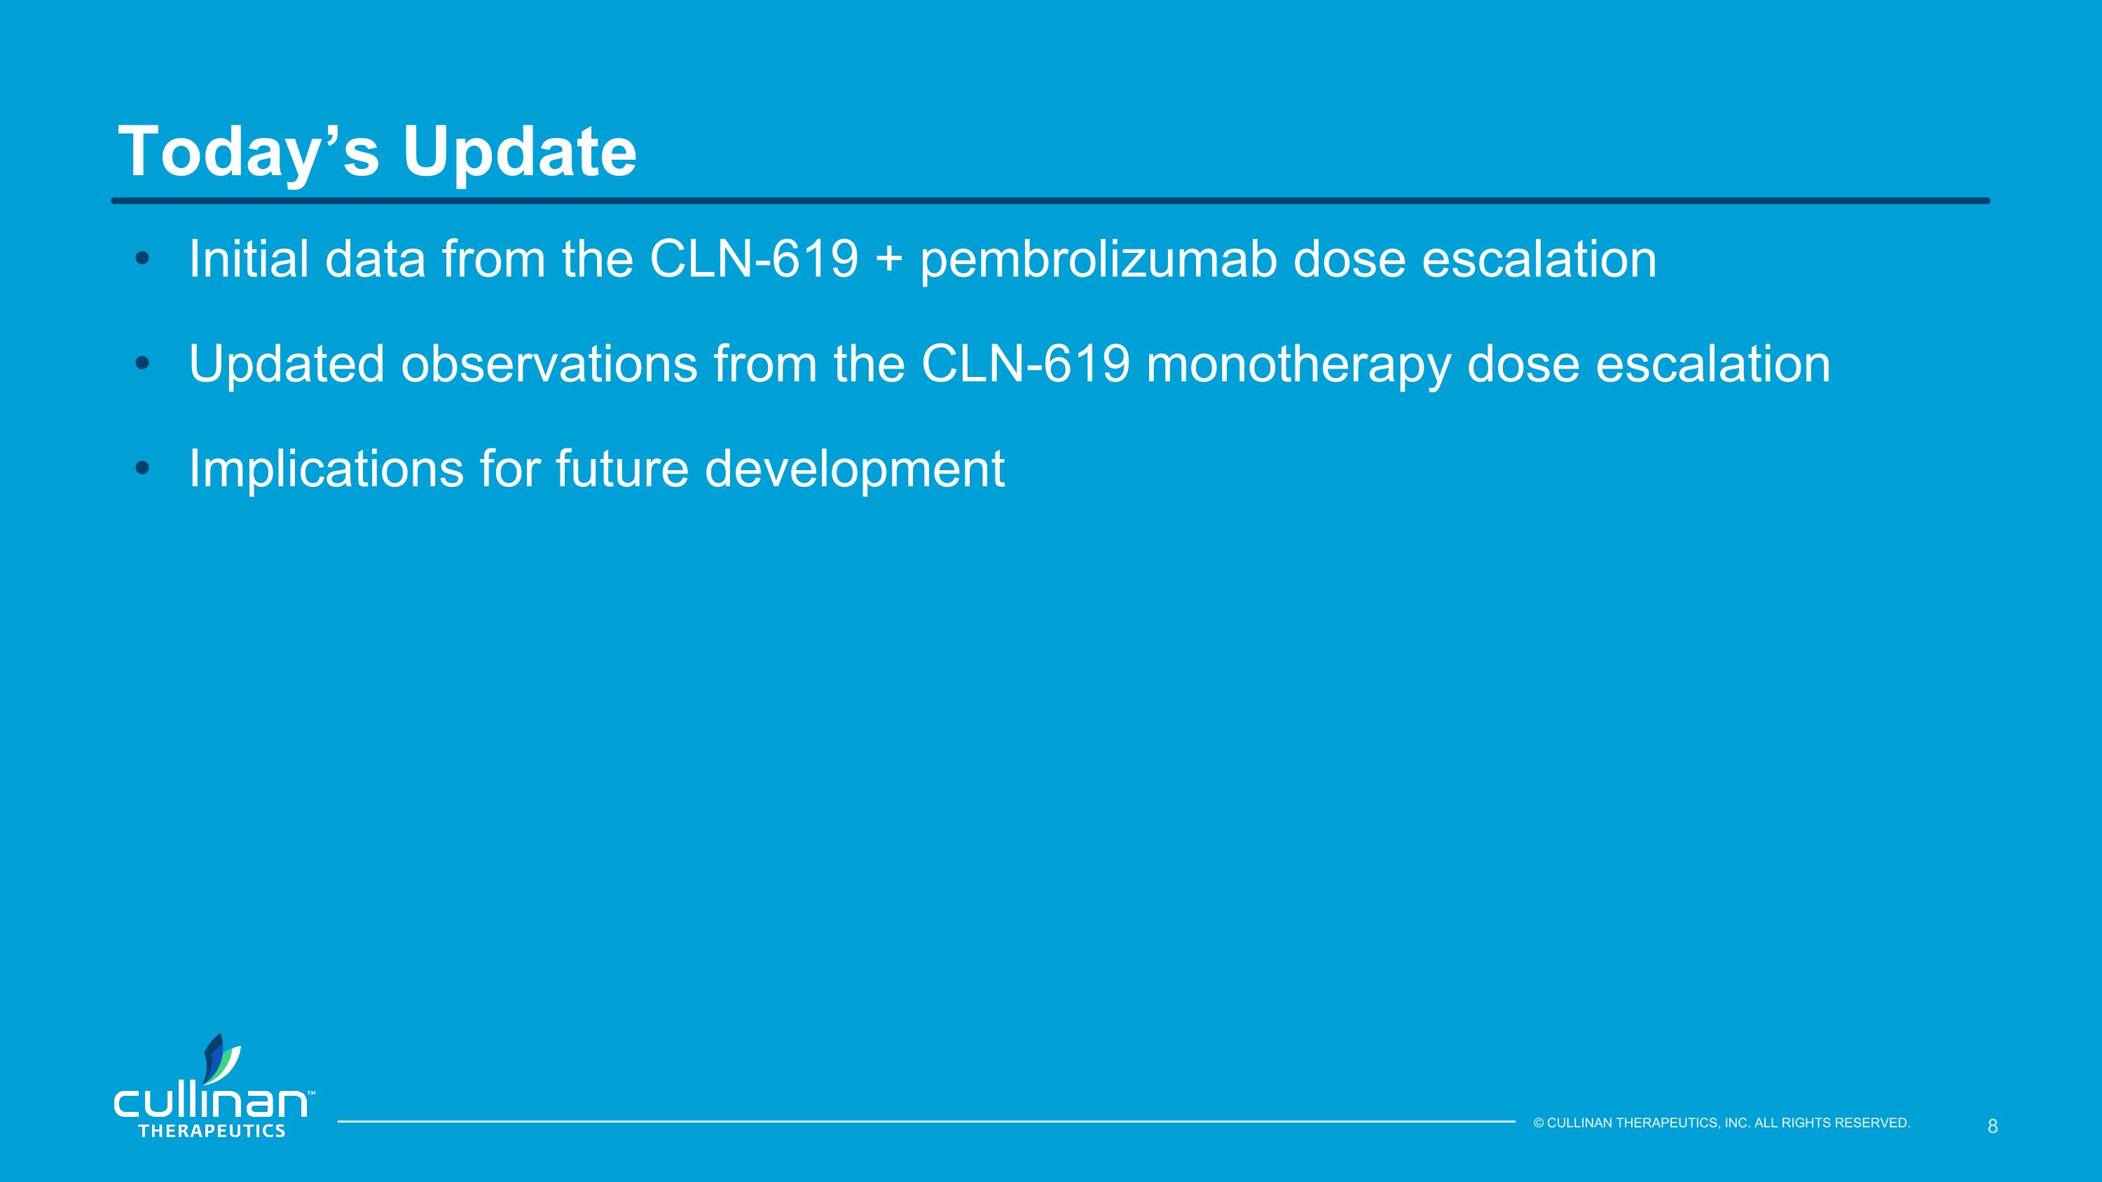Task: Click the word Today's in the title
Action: [x=249, y=152]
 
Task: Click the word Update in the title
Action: [x=519, y=152]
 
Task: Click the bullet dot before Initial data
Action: [x=143, y=259]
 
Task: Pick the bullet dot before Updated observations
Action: [x=143, y=364]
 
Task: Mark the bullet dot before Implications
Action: [x=143, y=468]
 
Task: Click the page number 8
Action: [x=1992, y=1127]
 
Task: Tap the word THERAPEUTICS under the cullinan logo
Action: [x=212, y=1132]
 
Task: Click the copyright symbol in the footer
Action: [x=1538, y=1123]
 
